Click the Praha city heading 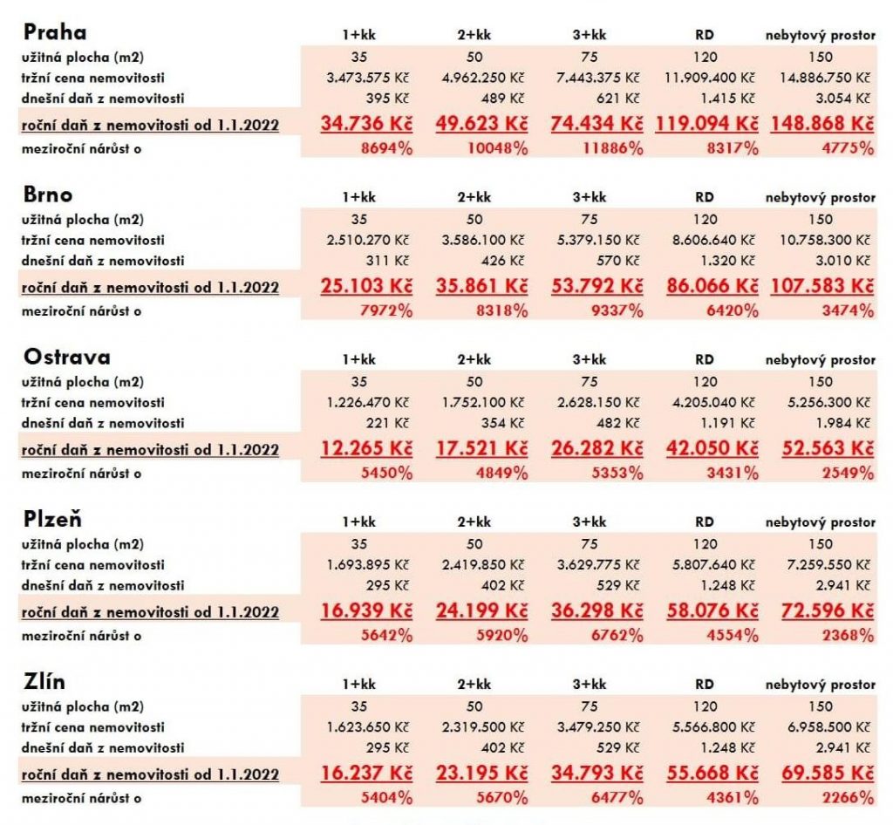click(55, 32)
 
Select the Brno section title click(48, 194)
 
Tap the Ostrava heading click(66, 357)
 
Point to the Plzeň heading click(52, 519)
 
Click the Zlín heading click(44, 681)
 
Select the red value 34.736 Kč click(366, 124)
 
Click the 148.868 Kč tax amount click(821, 124)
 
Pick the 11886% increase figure click(613, 148)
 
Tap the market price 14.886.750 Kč click(825, 78)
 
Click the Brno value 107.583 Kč click(821, 286)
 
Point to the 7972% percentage click(386, 310)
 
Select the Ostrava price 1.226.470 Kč click(367, 403)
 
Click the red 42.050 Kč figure click(712, 448)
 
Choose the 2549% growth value click(848, 474)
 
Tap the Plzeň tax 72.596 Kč click(828, 611)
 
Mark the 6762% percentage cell click(617, 636)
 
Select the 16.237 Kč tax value click(366, 774)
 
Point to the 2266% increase click(848, 798)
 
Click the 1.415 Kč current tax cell click(727, 98)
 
